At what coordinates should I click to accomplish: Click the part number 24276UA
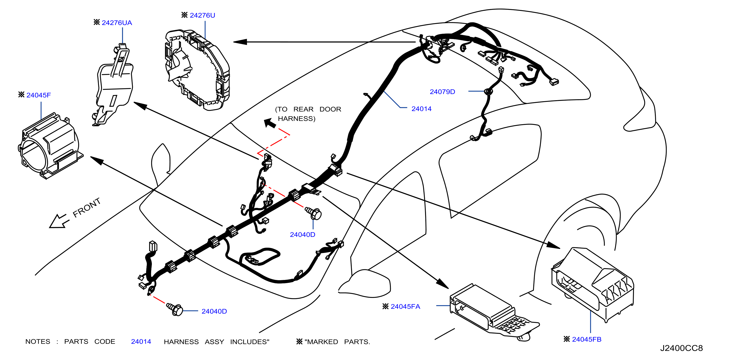[x=117, y=23]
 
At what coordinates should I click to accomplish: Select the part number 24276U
[x=202, y=15]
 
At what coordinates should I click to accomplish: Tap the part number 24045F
[x=39, y=95]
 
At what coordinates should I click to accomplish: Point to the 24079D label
[x=442, y=92]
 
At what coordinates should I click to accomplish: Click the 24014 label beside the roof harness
[x=421, y=109]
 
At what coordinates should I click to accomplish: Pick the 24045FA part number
[x=405, y=306]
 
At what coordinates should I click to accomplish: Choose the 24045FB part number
[x=587, y=339]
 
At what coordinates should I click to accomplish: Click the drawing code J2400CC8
[x=681, y=348]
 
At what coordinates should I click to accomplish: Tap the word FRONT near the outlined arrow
[x=87, y=208]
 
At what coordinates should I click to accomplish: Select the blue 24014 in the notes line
[x=141, y=342]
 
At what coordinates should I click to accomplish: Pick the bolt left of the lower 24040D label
[x=174, y=309]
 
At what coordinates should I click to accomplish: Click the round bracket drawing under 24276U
[x=197, y=70]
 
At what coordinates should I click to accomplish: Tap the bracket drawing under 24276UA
[x=114, y=85]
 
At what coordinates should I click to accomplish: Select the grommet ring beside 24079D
[x=488, y=91]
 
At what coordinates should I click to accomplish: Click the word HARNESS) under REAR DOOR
[x=296, y=119]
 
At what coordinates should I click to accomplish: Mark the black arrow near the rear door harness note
[x=270, y=123]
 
